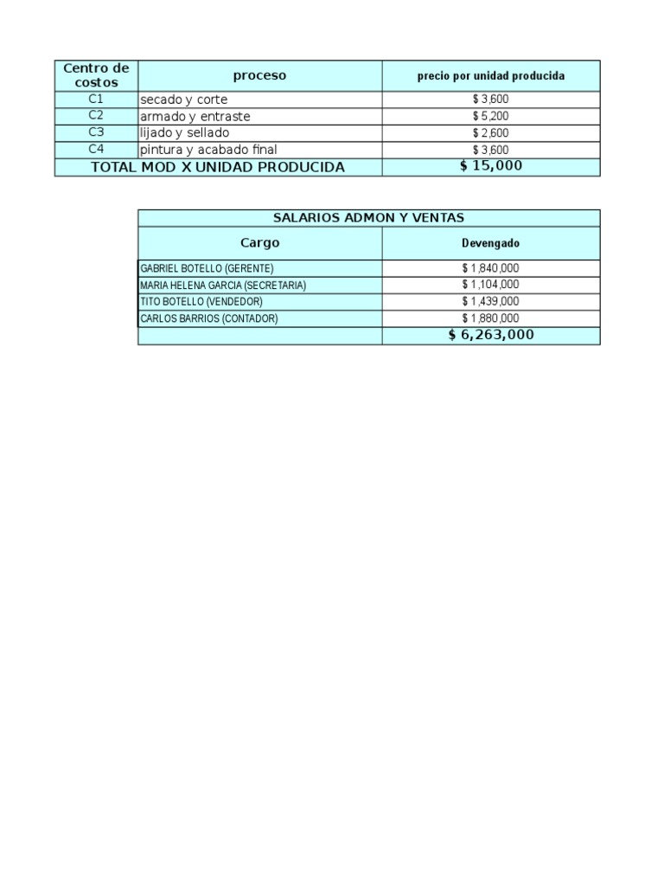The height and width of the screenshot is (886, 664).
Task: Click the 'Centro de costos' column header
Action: (x=96, y=75)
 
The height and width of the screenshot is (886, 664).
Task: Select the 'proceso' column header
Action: (x=259, y=75)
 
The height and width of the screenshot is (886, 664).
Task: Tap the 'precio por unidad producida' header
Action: (x=490, y=76)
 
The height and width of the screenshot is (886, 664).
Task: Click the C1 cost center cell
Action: (x=96, y=99)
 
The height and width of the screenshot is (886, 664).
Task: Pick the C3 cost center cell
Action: (x=96, y=132)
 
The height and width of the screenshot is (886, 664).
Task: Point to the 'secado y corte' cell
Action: (x=184, y=100)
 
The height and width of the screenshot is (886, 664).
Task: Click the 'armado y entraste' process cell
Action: (x=195, y=116)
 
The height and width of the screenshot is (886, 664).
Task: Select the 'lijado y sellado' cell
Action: (x=185, y=133)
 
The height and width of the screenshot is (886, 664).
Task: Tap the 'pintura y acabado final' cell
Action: (x=208, y=150)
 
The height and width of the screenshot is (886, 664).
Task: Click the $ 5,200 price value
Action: (x=490, y=116)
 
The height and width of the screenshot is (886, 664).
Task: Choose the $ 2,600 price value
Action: (x=490, y=133)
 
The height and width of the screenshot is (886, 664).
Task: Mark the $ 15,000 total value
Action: (x=490, y=166)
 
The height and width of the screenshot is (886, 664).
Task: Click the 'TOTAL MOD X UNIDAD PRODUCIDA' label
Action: (x=218, y=167)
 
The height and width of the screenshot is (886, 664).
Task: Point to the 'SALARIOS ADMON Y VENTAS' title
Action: (x=368, y=218)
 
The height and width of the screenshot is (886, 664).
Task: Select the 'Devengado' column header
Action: (x=490, y=243)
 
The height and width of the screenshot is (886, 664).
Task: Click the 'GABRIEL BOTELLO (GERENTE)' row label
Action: (x=207, y=268)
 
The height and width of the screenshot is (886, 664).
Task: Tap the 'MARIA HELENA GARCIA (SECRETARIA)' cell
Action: (x=223, y=285)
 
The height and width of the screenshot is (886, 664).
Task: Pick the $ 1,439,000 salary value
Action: (x=490, y=301)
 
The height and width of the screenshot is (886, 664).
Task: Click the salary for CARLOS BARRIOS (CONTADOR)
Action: (x=490, y=318)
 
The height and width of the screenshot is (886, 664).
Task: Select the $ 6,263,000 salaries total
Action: (x=490, y=335)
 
